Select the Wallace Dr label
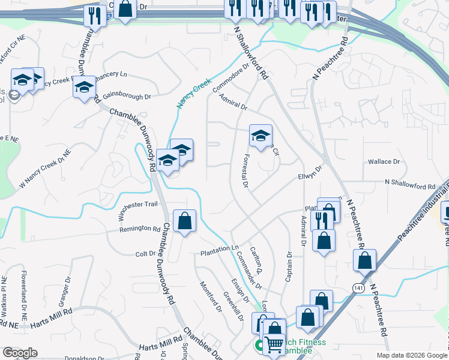click(384, 161)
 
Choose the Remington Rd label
click(140, 229)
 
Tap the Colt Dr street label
click(146, 254)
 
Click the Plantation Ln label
click(220, 248)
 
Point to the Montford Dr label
click(211, 296)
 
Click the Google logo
click(19, 353)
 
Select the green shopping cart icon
click(274, 345)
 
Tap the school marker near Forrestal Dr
click(261, 135)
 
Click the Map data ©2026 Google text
click(411, 355)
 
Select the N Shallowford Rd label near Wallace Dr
click(410, 187)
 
